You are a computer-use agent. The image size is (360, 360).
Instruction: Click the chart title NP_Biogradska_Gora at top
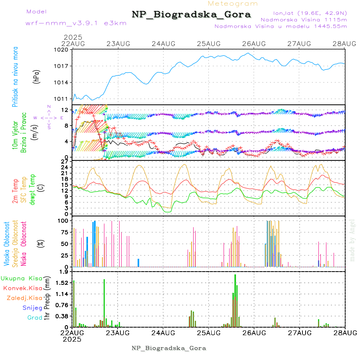point(191,15)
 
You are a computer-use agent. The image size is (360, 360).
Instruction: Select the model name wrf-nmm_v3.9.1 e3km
point(76,23)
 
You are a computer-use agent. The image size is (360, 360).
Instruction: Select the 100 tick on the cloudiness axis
point(64,220)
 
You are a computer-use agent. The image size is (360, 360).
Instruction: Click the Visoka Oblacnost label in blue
point(7,244)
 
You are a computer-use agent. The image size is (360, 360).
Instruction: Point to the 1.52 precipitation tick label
point(62,283)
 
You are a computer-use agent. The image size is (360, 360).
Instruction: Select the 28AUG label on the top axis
point(345,44)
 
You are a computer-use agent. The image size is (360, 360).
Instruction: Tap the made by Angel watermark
point(352,240)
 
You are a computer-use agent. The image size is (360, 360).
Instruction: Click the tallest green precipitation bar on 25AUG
point(235,300)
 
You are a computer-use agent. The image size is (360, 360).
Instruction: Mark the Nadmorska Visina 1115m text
point(304,19)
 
